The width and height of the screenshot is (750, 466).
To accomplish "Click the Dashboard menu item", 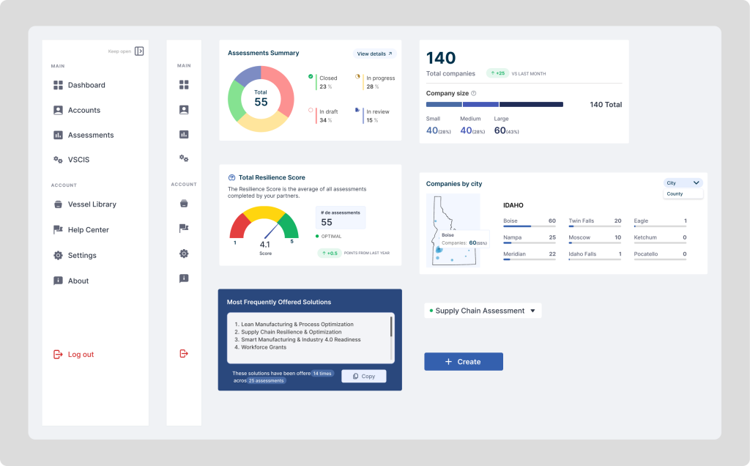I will pyautogui.click(x=86, y=85).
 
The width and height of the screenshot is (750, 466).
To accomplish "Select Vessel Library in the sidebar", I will pyautogui.click(x=92, y=204).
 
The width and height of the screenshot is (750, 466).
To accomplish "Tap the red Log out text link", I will pyautogui.click(x=81, y=355).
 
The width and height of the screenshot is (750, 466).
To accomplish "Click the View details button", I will pyautogui.click(x=374, y=53).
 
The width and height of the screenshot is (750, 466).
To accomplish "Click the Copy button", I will pyautogui.click(x=364, y=376).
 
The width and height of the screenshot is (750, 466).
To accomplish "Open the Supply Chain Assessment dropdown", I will pyautogui.click(x=483, y=311).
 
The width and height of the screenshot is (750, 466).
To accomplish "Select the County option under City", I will pyautogui.click(x=675, y=194).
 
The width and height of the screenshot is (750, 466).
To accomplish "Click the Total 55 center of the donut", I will pyautogui.click(x=261, y=98).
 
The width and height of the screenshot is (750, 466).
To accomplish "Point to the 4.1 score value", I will pyautogui.click(x=265, y=245).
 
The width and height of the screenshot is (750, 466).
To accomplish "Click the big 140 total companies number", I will pyautogui.click(x=441, y=58).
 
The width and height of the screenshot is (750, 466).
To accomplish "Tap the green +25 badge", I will pyautogui.click(x=497, y=73).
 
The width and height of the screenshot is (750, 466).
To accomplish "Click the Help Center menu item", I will pyautogui.click(x=88, y=230).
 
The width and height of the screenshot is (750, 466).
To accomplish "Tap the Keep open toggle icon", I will pyautogui.click(x=139, y=51).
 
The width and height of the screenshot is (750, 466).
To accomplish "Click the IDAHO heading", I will pyautogui.click(x=513, y=205).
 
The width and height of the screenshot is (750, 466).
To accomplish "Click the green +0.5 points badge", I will pyautogui.click(x=330, y=253).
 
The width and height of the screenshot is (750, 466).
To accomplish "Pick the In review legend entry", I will pyautogui.click(x=377, y=111).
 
